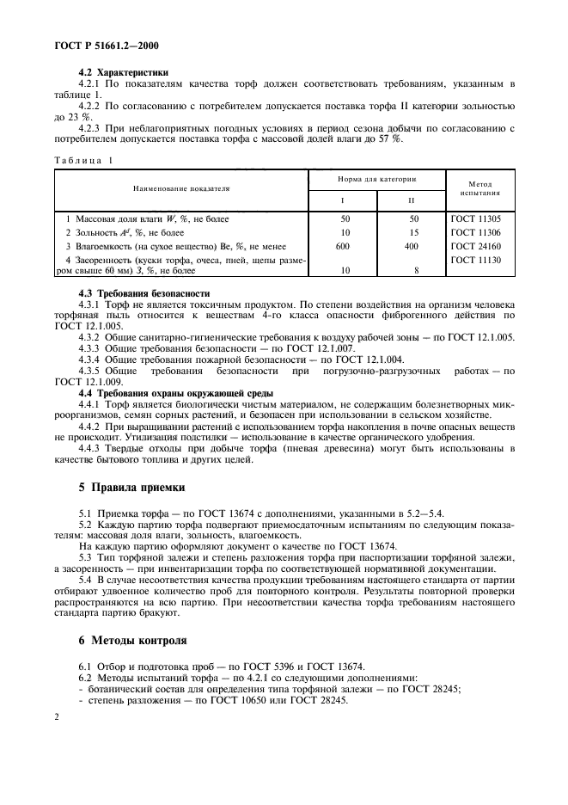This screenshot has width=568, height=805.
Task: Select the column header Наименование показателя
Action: point(181,187)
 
